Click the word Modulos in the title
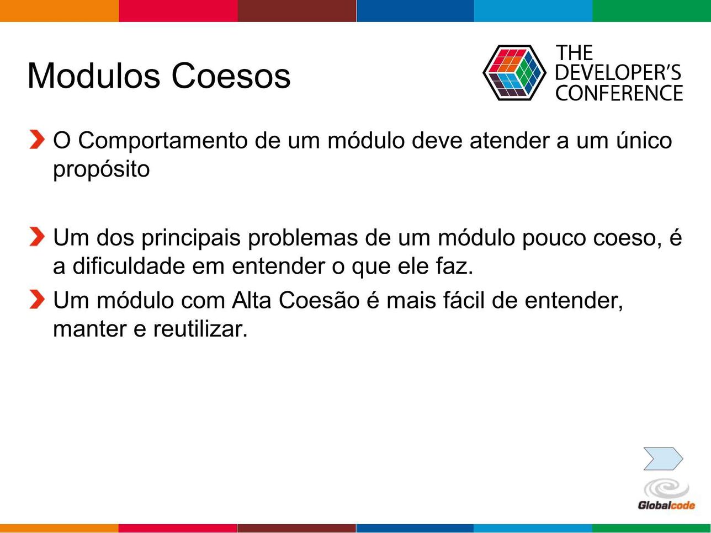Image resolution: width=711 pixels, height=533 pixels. point(94,76)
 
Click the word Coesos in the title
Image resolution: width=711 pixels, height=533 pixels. point(231,76)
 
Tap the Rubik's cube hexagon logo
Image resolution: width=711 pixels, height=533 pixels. point(514,72)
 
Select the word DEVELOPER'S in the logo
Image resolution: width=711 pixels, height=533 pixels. point(618,72)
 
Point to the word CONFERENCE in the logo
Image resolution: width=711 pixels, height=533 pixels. point(619,93)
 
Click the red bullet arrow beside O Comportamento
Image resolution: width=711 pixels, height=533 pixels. point(37,140)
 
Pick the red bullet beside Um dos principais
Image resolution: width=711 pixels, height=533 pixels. point(37,237)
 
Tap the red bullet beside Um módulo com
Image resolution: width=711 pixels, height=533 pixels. point(37,300)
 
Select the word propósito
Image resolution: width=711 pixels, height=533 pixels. point(102,170)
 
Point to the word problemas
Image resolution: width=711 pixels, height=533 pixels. point(303,238)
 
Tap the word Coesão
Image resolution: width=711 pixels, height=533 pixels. point(319,300)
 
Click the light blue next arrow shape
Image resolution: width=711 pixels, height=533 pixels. point(663,459)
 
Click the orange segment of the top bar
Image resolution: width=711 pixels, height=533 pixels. point(59,10)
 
